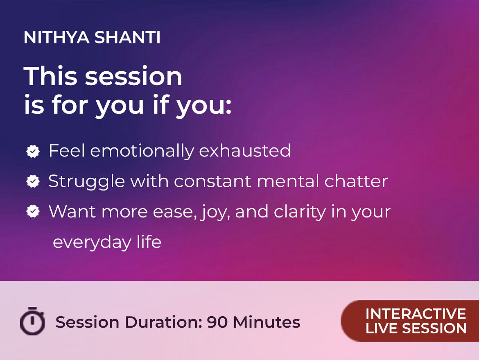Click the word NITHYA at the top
pyautogui.click(x=56, y=37)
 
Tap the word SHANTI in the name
pyautogui.click(x=127, y=37)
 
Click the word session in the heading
pyautogui.click(x=133, y=76)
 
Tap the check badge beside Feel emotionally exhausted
pyautogui.click(x=33, y=151)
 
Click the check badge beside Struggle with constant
pyautogui.click(x=33, y=181)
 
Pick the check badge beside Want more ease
pyautogui.click(x=33, y=211)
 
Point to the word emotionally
pyautogui.click(x=142, y=151)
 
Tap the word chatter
pyautogui.click(x=356, y=181)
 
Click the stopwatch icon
pyautogui.click(x=32, y=321)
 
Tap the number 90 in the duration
pyautogui.click(x=217, y=322)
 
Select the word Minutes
pyautogui.click(x=267, y=322)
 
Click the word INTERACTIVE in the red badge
pyautogui.click(x=416, y=314)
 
